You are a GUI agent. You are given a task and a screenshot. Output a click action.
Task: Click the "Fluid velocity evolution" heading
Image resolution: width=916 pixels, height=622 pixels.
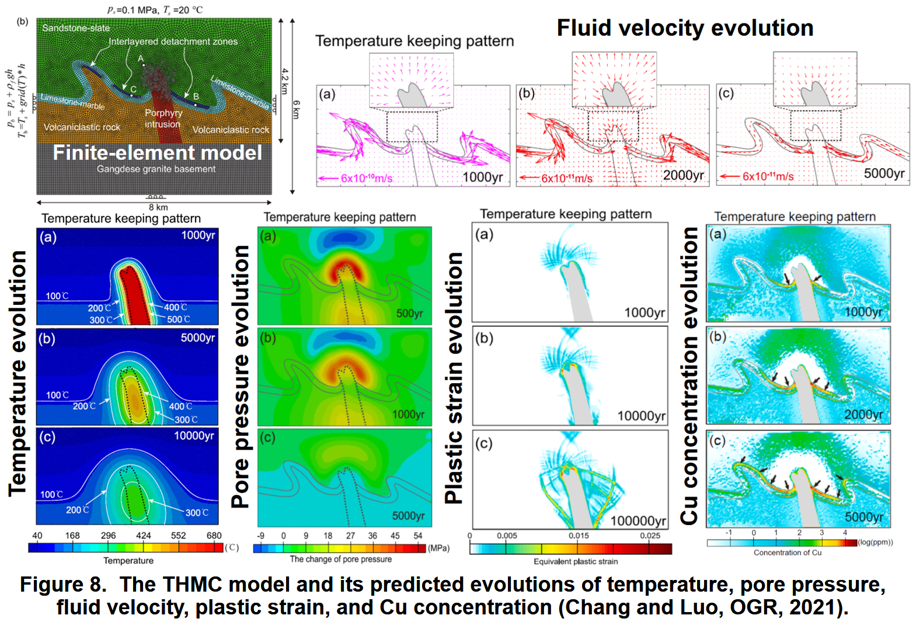pyautogui.click(x=685, y=28)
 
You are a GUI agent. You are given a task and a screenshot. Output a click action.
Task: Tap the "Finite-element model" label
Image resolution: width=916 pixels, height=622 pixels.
pyautogui.click(x=158, y=153)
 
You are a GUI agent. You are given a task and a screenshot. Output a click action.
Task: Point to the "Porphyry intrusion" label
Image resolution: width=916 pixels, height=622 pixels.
pyautogui.click(x=163, y=119)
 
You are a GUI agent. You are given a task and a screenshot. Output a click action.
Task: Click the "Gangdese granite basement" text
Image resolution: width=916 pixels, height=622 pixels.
pyautogui.click(x=156, y=169)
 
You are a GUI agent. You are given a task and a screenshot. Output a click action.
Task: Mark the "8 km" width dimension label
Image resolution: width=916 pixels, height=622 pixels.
pyautogui.click(x=158, y=207)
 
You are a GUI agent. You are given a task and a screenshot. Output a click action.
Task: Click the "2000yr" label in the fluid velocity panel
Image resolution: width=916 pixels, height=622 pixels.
pyautogui.click(x=683, y=175)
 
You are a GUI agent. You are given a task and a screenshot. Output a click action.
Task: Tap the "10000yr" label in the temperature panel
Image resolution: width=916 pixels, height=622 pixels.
pyautogui.click(x=194, y=436)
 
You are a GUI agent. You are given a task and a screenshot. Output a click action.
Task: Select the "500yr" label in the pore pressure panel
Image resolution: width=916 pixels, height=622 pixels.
pyautogui.click(x=409, y=314)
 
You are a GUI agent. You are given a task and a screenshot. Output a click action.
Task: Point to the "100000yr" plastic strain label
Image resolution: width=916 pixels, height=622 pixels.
pyautogui.click(x=638, y=521)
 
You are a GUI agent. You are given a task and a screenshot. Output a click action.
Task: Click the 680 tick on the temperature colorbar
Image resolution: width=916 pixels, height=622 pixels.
pyautogui.click(x=214, y=536)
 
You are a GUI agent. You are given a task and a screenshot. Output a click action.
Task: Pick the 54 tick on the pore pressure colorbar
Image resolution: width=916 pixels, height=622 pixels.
pyautogui.click(x=418, y=536)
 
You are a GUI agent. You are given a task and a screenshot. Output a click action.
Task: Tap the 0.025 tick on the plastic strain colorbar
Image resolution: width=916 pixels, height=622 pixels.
pyautogui.click(x=650, y=536)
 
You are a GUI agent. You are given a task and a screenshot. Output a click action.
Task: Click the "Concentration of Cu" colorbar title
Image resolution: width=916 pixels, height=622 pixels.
pyautogui.click(x=787, y=552)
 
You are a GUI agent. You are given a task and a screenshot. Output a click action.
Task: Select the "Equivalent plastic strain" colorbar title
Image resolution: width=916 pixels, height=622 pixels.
pyautogui.click(x=576, y=561)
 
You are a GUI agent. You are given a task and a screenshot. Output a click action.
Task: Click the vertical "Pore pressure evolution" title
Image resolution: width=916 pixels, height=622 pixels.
pyautogui.click(x=241, y=377)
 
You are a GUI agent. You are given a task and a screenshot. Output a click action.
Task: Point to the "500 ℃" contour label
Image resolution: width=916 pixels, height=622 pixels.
pyautogui.click(x=179, y=319)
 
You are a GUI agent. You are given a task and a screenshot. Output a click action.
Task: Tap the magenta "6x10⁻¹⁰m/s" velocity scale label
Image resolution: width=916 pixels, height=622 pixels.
pyautogui.click(x=367, y=178)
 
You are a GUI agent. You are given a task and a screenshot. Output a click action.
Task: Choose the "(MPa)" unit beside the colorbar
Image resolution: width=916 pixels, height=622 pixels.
pyautogui.click(x=438, y=548)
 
